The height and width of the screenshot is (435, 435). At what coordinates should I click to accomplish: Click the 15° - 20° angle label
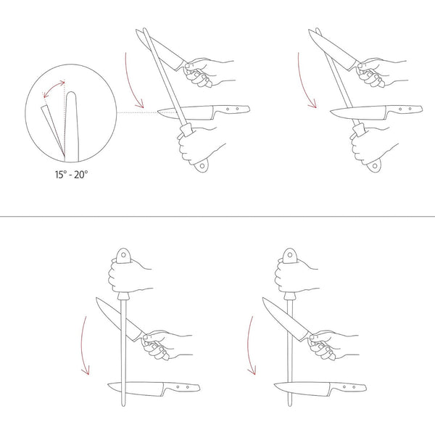click(71, 175)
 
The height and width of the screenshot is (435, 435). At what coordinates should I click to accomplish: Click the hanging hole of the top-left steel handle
click(202, 166)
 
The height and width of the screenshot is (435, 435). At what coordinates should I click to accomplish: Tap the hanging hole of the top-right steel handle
click(375, 166)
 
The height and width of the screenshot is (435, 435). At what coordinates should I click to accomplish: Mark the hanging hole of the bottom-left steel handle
click(123, 254)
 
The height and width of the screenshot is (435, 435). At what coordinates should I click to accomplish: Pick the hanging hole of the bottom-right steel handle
click(289, 254)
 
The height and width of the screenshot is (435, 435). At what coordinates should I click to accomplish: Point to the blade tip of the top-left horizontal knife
click(158, 112)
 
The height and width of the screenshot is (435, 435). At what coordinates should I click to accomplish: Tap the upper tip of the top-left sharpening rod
click(144, 29)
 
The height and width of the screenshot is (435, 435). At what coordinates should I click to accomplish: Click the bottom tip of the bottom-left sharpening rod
click(123, 405)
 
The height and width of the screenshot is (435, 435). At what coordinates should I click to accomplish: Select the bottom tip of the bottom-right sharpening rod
click(290, 405)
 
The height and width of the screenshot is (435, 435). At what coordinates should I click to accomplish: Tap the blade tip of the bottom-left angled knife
click(97, 299)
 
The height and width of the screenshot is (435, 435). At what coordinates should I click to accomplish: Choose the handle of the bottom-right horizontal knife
click(349, 387)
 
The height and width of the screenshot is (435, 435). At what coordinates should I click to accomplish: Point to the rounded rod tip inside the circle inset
click(71, 94)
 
